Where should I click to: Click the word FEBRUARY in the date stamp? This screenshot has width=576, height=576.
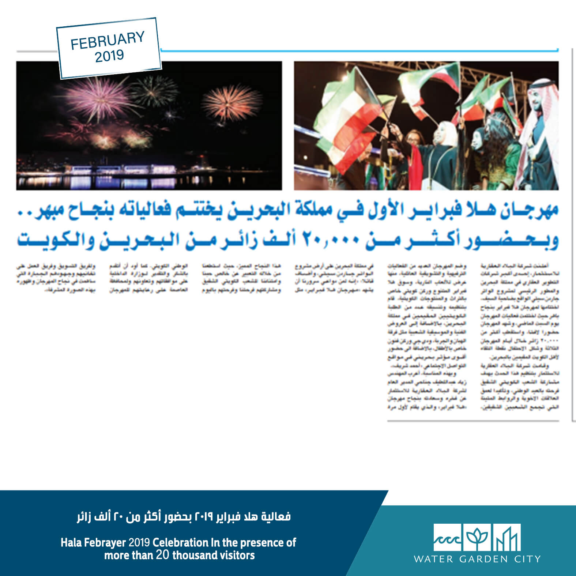(108, 40)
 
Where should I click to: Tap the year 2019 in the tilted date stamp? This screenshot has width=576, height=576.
(109, 56)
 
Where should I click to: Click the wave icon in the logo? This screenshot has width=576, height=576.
(448, 537)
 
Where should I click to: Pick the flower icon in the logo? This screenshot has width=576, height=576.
(477, 537)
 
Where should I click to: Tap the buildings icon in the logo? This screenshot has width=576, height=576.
(507, 537)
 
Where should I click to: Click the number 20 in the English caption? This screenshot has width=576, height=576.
(163, 555)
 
